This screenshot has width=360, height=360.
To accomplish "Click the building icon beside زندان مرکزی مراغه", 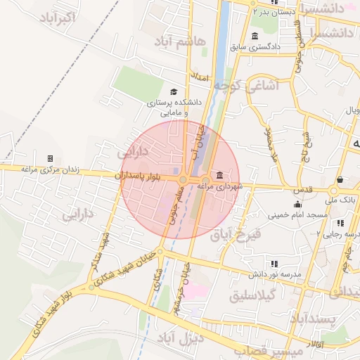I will [49, 158].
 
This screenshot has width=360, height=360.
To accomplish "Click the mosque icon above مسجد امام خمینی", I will [298, 203].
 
